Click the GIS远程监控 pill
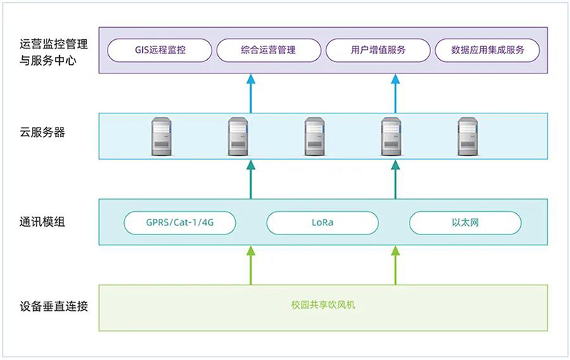(x=160, y=51)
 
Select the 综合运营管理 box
(x=268, y=51)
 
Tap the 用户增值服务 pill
(x=378, y=51)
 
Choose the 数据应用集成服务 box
(x=487, y=51)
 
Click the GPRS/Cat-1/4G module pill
(x=180, y=223)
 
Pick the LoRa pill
(x=322, y=223)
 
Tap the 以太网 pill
(x=463, y=223)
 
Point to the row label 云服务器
(x=43, y=132)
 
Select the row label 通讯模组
(x=43, y=222)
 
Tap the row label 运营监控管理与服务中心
(x=53, y=52)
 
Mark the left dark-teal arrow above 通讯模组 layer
(x=250, y=180)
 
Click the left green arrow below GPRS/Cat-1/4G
(x=250, y=264)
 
